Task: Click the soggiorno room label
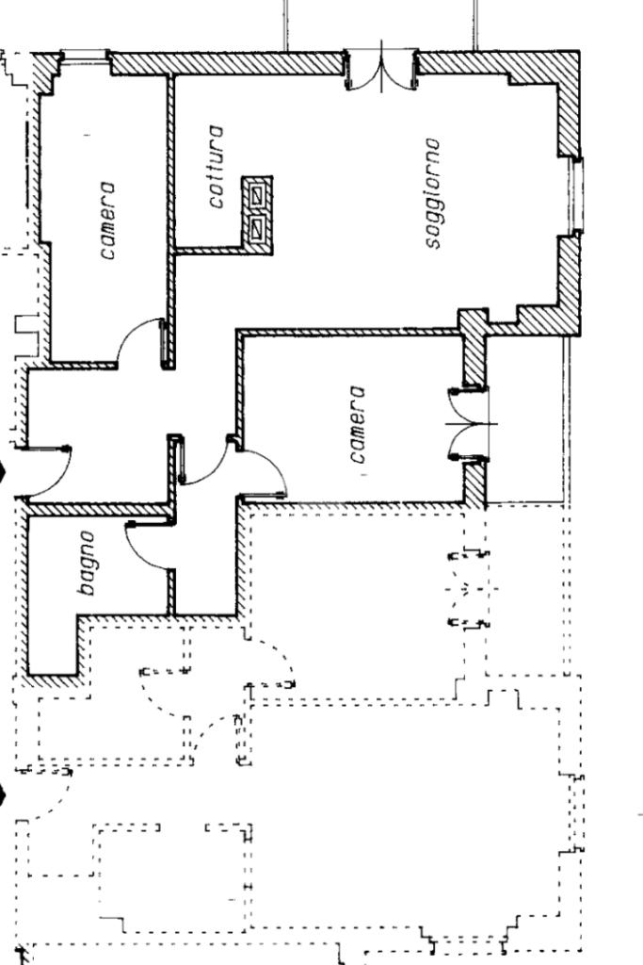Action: tap(432, 193)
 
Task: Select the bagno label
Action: tap(87, 563)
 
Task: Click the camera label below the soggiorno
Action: tap(356, 424)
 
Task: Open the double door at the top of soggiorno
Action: tap(381, 72)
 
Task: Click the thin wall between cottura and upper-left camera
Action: tap(171, 160)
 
